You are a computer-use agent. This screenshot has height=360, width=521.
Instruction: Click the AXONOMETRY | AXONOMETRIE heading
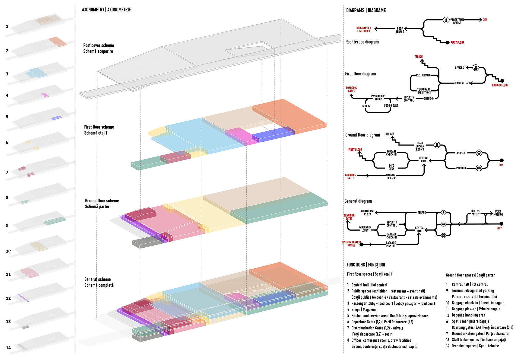[x=106, y=10]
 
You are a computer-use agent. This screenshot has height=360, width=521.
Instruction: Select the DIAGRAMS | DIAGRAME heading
[x=366, y=11]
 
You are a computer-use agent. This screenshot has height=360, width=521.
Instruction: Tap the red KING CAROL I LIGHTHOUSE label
[x=364, y=30]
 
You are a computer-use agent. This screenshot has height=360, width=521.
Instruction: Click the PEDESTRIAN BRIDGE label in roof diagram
[x=457, y=21]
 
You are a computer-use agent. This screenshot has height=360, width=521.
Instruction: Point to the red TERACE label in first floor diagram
[x=418, y=57]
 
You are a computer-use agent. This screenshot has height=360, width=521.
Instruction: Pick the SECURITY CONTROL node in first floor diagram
[x=409, y=99]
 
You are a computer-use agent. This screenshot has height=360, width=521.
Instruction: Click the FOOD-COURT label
[x=391, y=106]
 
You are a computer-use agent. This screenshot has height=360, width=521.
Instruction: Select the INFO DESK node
[x=392, y=167]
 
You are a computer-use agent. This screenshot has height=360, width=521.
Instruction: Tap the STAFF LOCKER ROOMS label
[x=420, y=146]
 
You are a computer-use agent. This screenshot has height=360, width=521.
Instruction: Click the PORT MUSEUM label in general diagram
[x=498, y=213]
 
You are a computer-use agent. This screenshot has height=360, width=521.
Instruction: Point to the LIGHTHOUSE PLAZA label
[x=367, y=213]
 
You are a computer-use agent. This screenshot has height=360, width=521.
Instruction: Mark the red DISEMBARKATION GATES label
[x=351, y=244]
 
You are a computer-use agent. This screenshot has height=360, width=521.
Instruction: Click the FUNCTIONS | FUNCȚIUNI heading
[x=366, y=265]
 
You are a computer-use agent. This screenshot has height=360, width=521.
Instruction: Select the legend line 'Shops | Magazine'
[x=364, y=310]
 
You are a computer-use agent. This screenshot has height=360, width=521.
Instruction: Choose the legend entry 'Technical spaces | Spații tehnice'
[x=475, y=346]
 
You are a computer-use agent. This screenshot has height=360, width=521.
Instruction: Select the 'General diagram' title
[x=358, y=201]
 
